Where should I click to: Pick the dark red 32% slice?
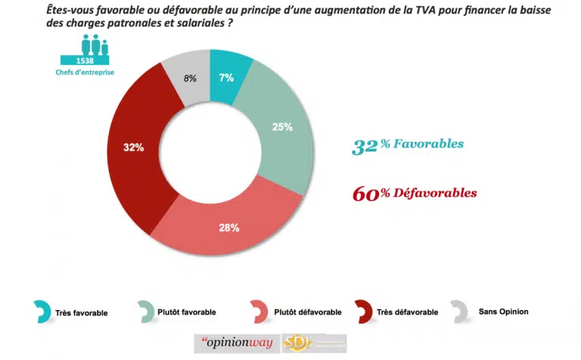click(x=137, y=148)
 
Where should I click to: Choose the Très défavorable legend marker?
click(x=362, y=311)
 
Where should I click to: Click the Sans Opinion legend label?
click(x=503, y=311)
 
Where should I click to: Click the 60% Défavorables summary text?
click(x=415, y=194)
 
